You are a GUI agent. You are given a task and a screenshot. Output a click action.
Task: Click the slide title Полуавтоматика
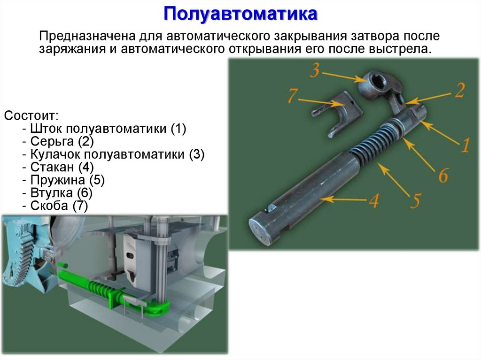[240, 14]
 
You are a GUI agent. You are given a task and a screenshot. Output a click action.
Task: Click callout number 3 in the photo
[315, 71]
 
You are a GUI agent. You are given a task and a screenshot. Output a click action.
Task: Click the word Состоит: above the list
[31, 115]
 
